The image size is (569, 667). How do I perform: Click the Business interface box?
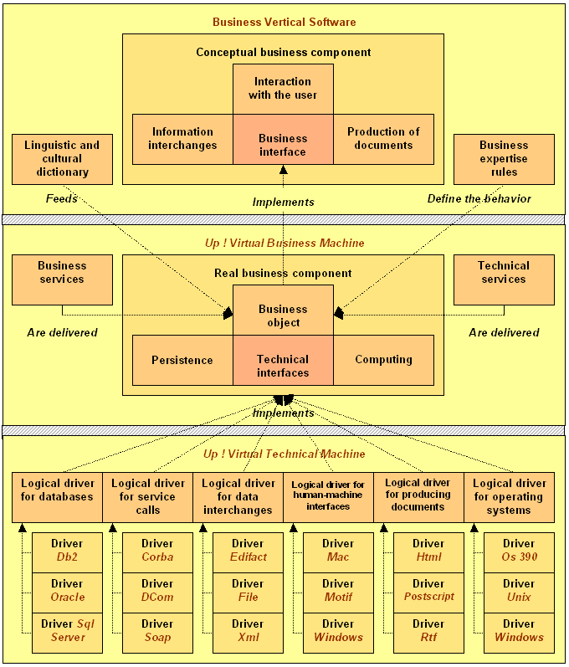[283, 139]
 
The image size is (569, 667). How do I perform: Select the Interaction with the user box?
[283, 89]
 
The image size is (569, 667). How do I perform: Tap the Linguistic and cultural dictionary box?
[62, 159]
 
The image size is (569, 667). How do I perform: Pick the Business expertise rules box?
[504, 159]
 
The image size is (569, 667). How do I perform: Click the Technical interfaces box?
[283, 361]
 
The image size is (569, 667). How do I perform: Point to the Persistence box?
[183, 361]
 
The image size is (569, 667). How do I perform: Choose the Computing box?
[383, 361]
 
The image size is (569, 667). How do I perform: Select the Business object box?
[283, 310]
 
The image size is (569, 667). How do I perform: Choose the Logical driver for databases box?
[57, 497]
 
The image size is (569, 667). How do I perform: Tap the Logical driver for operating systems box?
[509, 497]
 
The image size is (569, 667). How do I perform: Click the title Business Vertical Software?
[284, 22]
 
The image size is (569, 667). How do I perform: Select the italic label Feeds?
[62, 198]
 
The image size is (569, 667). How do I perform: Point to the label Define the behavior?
[479, 198]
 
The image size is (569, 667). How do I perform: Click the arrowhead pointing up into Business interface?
[283, 170]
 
